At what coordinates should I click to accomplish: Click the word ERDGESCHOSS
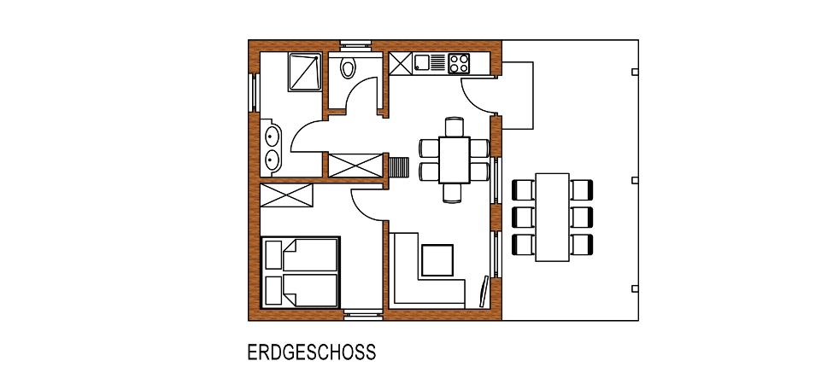[x=312, y=352]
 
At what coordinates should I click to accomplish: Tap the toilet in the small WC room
[x=348, y=67]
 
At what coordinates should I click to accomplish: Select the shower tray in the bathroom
[x=305, y=72]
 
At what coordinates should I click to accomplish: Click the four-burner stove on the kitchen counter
[x=459, y=64]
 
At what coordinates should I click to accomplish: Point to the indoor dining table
[x=455, y=160]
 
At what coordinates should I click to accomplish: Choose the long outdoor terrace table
[x=552, y=217]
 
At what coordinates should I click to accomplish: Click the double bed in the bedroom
[x=301, y=272]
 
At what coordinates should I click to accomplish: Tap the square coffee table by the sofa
[x=437, y=260]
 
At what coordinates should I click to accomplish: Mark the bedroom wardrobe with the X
[x=286, y=195]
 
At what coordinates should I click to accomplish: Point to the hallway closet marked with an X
[x=355, y=166]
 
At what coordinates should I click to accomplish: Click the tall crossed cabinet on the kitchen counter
[x=401, y=64]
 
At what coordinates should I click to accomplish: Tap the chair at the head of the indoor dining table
[x=455, y=126]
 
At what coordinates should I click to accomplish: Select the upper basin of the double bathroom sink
[x=271, y=137]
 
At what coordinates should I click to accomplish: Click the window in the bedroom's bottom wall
[x=363, y=315]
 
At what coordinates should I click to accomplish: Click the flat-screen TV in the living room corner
[x=484, y=291]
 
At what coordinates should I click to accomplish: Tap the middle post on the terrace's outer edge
[x=635, y=180]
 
